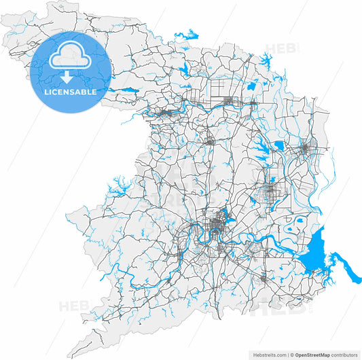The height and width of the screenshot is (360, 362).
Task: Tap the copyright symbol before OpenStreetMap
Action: coord(292,354)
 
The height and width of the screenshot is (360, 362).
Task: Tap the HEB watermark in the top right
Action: coord(277,49)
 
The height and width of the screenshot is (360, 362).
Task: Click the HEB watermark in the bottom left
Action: coord(72,305)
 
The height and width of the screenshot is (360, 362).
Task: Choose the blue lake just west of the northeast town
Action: coord(278,145)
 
